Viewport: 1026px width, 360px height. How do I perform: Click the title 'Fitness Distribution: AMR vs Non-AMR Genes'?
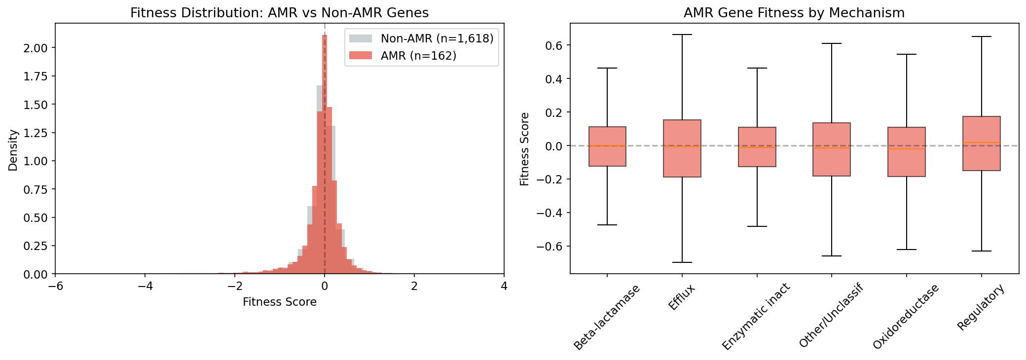pyautogui.click(x=279, y=13)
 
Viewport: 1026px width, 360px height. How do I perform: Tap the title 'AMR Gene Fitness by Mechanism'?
pyautogui.click(x=794, y=13)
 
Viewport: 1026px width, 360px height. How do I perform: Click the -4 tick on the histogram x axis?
pyautogui.click(x=145, y=286)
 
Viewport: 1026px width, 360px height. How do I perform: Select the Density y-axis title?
pyautogui.click(x=13, y=150)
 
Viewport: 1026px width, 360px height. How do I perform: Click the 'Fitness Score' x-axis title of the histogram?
pyautogui.click(x=279, y=302)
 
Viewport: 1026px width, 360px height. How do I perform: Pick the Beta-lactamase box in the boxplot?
pyautogui.click(x=607, y=146)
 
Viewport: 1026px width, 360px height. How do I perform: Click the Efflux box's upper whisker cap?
pyautogui.click(x=682, y=35)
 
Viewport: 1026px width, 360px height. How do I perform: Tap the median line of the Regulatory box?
pyautogui.click(x=981, y=143)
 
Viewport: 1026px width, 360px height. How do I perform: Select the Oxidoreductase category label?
pyautogui.click(x=905, y=317)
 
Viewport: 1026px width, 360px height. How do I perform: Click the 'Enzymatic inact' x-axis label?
pyautogui.click(x=756, y=317)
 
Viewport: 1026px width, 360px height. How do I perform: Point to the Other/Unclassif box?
pyautogui.click(x=832, y=149)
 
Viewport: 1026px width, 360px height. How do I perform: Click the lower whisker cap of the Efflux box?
pyautogui.click(x=682, y=262)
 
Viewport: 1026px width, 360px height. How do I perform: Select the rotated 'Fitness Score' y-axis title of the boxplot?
pyautogui.click(x=525, y=149)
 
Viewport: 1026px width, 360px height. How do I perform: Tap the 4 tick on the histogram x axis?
pyautogui.click(x=504, y=286)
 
